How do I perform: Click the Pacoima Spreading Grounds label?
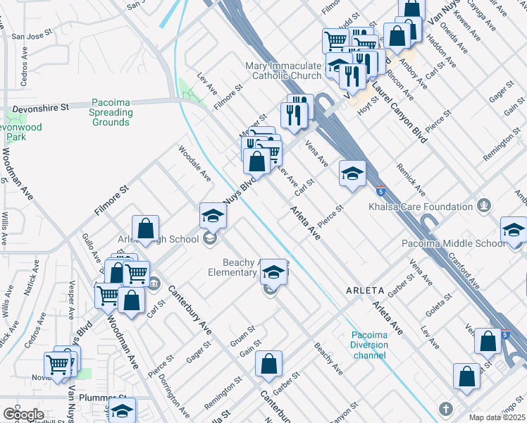coord(111,112)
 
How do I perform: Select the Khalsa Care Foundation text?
coord(421,207)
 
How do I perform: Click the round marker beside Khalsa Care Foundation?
coord(483,206)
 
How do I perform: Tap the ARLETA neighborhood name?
coord(364,290)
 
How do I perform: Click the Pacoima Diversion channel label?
coord(370,345)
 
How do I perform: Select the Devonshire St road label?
coord(39,107)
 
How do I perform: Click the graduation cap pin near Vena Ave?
coord(352,173)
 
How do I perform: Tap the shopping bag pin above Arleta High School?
coord(145,228)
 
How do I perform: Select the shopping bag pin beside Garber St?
coord(268,364)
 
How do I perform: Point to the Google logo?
coord(23,414)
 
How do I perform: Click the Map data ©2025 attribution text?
coord(497,418)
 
